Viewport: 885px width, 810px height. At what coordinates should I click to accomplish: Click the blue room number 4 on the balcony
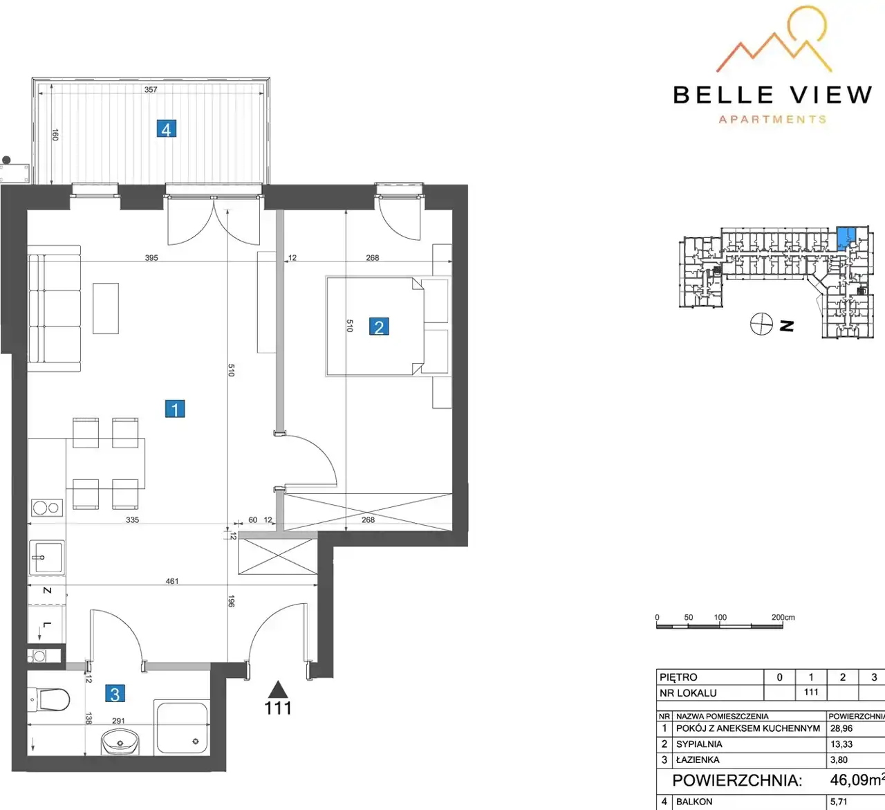[167, 129]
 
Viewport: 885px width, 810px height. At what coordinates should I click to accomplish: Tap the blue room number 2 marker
[379, 326]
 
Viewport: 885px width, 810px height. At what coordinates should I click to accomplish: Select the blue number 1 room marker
[175, 409]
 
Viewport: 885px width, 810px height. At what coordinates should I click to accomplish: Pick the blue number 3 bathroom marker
[115, 694]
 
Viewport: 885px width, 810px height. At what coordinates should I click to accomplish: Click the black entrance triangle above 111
[278, 690]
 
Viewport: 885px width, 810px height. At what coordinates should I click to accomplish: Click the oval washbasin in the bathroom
[120, 742]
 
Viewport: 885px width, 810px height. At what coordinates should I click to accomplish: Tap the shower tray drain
[196, 742]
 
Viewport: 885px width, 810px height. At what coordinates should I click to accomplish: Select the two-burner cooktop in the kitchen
[47, 508]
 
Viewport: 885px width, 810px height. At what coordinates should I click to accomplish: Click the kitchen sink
[47, 558]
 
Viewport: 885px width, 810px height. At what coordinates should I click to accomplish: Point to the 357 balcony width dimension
[151, 90]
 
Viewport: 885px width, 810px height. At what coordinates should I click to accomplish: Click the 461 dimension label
[172, 581]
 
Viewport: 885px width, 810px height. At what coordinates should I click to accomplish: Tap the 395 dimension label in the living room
[151, 258]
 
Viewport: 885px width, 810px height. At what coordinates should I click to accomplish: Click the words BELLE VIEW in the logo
[772, 95]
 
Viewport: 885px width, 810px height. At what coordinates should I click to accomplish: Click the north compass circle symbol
[761, 324]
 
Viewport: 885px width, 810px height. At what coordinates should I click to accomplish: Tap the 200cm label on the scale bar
[783, 617]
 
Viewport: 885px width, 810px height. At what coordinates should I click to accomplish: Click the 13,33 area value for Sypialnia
[841, 744]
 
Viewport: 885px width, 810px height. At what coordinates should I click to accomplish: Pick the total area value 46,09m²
[857, 780]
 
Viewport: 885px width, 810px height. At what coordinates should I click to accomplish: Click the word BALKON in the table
[694, 802]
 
